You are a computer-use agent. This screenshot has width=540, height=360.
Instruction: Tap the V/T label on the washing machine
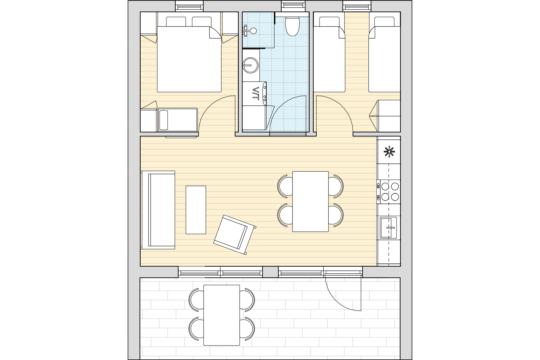255,93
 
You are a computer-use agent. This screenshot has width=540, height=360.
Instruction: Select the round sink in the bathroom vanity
250,65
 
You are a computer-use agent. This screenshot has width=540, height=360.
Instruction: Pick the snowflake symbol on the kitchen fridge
389,152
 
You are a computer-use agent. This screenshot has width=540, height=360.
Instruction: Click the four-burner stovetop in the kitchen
388,191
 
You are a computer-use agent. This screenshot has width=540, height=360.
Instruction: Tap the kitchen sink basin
388,228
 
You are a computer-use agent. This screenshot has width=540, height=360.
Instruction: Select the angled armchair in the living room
235,235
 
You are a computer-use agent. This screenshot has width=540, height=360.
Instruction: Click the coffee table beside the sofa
196,210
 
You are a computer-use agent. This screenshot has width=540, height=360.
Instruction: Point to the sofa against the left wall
158,210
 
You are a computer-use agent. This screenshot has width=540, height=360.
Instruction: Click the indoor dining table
310,201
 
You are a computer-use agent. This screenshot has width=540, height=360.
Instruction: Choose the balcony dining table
222,315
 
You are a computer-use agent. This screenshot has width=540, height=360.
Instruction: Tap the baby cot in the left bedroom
177,120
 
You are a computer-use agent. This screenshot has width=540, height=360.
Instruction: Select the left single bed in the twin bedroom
329,54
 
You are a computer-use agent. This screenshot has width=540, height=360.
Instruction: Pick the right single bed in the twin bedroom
384,54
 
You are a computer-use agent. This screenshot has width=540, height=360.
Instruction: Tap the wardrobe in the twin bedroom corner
389,116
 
